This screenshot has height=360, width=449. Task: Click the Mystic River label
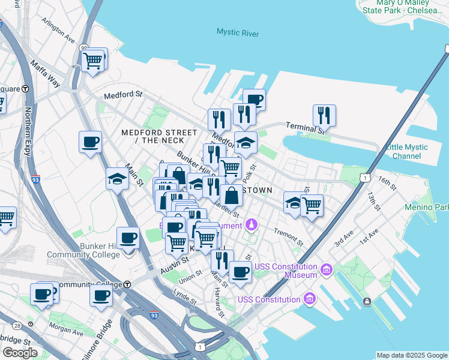tap(238, 32)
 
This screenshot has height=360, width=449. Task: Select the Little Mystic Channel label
tap(407, 151)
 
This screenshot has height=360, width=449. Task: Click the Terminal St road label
tap(305, 127)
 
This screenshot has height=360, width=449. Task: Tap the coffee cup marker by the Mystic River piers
tap(254, 100)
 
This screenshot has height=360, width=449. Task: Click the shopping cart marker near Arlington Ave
tap(93, 61)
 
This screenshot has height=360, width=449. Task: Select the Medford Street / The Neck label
tap(159, 136)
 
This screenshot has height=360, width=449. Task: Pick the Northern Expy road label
tap(28, 131)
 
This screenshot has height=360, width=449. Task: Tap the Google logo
tap(20, 353)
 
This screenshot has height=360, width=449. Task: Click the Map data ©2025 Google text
tap(412, 355)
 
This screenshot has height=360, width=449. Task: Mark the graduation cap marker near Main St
tap(117, 178)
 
